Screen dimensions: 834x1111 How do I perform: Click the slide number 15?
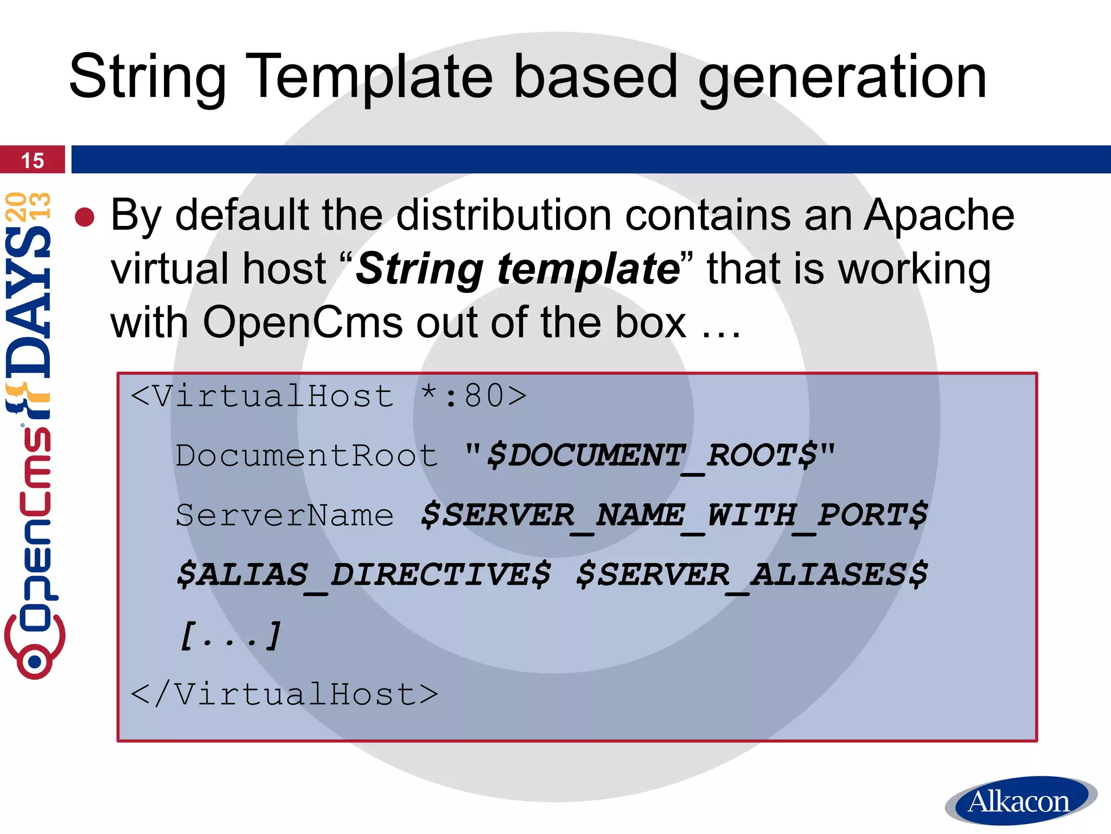point(32,161)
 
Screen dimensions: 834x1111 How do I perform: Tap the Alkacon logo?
point(1020,801)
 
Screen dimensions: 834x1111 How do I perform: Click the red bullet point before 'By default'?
point(85,217)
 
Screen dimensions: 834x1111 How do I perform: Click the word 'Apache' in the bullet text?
point(938,216)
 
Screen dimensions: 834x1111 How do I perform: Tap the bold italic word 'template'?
point(589,269)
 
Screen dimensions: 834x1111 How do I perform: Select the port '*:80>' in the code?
point(474,396)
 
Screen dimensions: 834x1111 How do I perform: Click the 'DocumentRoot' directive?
point(307,456)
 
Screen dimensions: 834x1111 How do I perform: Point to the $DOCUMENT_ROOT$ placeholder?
point(651,456)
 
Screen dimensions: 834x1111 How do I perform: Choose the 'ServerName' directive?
point(285,515)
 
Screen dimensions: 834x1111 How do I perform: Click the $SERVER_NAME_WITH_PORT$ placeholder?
point(674,515)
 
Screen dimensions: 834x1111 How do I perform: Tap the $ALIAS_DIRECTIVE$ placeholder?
point(363,575)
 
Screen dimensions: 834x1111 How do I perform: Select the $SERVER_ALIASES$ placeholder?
point(751,575)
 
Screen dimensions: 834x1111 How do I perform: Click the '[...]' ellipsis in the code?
point(231,635)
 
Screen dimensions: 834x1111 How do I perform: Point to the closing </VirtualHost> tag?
point(284,694)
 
